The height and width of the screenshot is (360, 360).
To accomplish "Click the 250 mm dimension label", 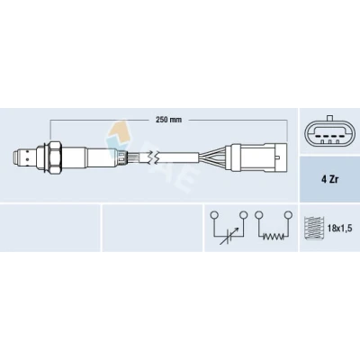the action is point(168,120).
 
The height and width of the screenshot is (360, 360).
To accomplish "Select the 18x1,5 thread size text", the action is point(339,229).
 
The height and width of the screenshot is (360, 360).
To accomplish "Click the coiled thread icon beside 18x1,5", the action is point(314,228).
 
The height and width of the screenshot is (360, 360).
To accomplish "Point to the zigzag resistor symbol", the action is point(274,237).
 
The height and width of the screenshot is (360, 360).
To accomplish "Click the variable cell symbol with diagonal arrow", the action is point(229,237).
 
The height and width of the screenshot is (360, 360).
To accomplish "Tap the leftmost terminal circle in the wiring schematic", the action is point(213,215).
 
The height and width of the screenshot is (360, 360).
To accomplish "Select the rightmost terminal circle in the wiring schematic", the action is point(288,215).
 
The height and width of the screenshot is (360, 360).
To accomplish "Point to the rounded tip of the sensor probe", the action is point(16,157).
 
